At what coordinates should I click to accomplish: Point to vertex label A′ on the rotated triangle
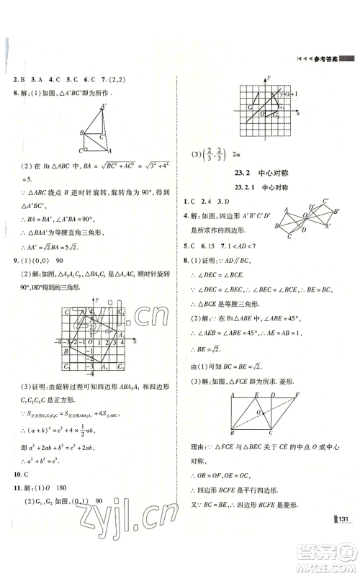tap(103, 107)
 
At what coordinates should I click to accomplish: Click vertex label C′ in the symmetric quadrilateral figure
tap(325, 202)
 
